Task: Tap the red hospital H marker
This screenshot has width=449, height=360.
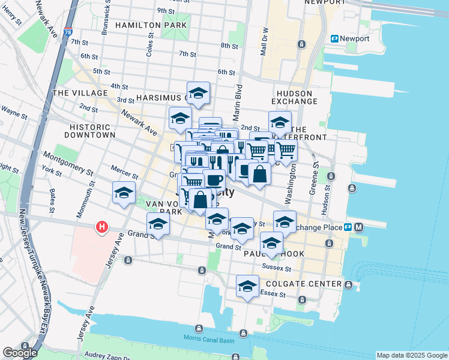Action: point(102,227)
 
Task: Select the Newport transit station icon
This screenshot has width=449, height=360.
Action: point(334,38)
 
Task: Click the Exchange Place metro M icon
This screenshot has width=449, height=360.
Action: point(358,227)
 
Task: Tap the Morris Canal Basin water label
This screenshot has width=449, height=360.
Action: point(209,340)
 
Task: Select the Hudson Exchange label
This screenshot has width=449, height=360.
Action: point(295,97)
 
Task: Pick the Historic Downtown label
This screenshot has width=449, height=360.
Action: point(92,131)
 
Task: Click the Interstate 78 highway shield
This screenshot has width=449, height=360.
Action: point(67,32)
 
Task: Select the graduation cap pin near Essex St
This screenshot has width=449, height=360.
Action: point(247,286)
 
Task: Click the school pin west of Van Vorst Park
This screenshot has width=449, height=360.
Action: point(124,193)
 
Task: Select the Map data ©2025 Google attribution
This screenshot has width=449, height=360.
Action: point(411,355)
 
